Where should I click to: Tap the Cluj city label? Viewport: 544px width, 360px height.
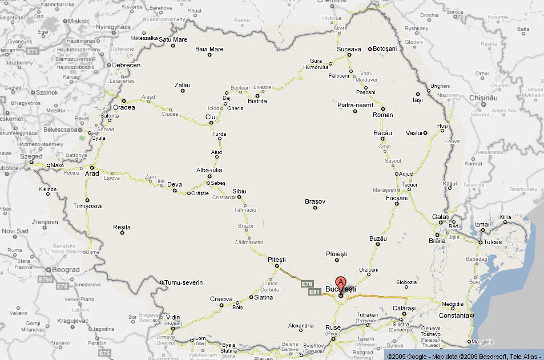tap(211, 117)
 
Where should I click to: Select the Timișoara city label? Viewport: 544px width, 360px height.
tap(87, 206)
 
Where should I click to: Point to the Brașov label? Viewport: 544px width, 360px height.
tap(315, 201)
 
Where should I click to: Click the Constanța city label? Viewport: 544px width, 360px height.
tap(454, 315)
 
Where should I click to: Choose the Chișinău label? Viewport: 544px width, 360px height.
tap(484, 98)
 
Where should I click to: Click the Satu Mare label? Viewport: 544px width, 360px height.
tap(172, 39)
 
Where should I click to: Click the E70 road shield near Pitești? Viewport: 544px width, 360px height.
tap(307, 284)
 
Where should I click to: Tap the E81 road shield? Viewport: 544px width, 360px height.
tap(315, 292)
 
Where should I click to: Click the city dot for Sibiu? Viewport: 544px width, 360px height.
tap(239, 197)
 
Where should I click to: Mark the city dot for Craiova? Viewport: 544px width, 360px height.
tap(222, 305)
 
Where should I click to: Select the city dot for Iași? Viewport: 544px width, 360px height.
tap(418, 94)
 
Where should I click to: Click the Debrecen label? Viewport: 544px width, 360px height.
tap(126, 65)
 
